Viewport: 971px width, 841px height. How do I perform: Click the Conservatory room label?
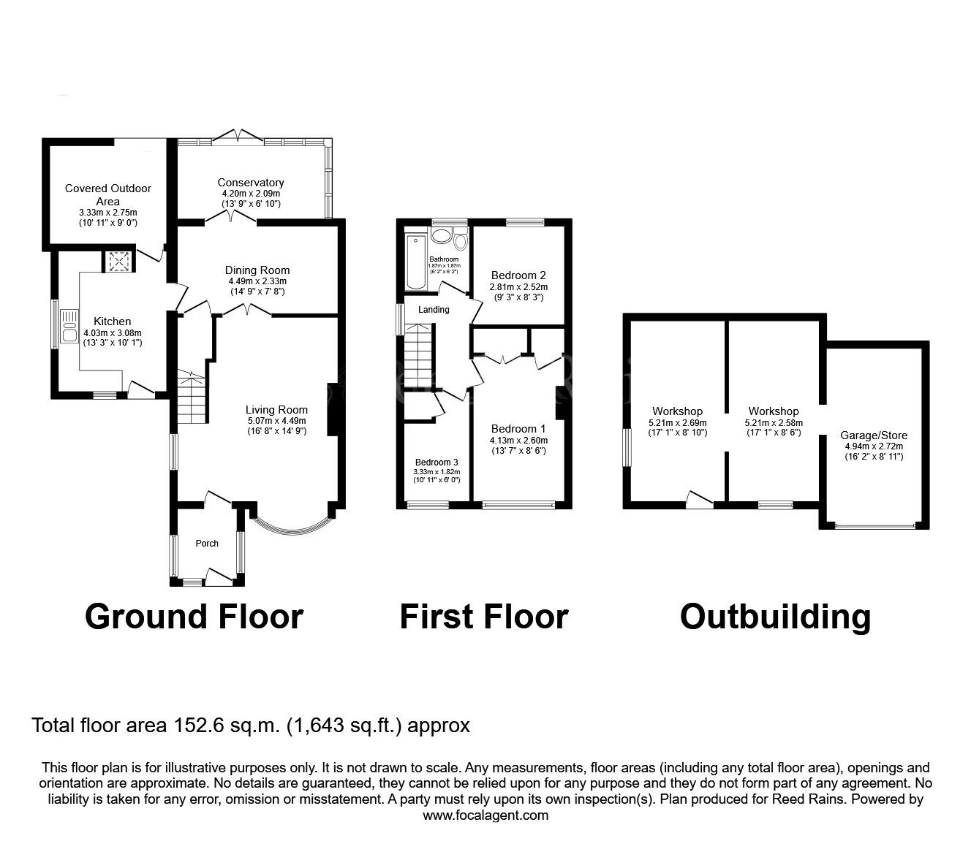pyautogui.click(x=250, y=183)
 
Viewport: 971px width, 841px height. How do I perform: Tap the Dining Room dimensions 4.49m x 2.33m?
pyautogui.click(x=257, y=281)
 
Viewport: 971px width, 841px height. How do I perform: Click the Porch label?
pyautogui.click(x=207, y=543)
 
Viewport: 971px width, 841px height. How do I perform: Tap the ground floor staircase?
pyautogui.click(x=190, y=400)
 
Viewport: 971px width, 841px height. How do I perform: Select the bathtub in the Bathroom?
pyautogui.click(x=413, y=262)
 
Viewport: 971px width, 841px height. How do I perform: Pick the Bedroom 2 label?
pyautogui.click(x=518, y=275)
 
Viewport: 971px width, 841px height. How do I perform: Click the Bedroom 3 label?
pyautogui.click(x=437, y=463)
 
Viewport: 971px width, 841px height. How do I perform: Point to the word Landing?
pyautogui.click(x=434, y=310)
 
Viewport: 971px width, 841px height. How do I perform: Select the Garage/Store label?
pyautogui.click(x=874, y=435)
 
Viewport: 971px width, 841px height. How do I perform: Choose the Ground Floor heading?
pyautogui.click(x=194, y=617)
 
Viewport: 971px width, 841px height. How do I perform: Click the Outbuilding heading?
pyautogui.click(x=775, y=617)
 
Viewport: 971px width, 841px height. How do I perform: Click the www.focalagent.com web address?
pyautogui.click(x=485, y=815)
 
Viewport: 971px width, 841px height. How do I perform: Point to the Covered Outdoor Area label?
pyautogui.click(x=107, y=194)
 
